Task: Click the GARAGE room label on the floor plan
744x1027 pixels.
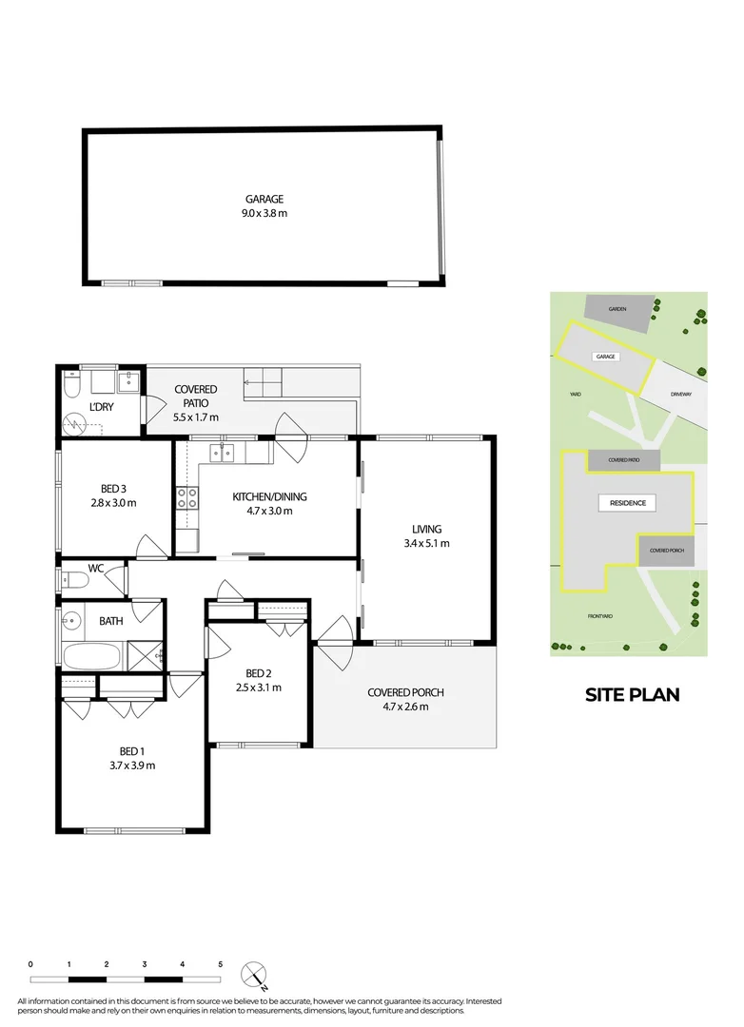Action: pos(264,200)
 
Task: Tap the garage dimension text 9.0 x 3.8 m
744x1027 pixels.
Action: pos(264,213)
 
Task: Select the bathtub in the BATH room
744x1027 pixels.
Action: pos(91,656)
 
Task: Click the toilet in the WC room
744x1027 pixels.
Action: pos(73,579)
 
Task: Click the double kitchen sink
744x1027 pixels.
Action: pos(224,452)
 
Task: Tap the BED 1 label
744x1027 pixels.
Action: pos(131,750)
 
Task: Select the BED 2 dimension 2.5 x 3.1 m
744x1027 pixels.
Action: pos(259,688)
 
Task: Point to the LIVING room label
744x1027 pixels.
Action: pos(426,530)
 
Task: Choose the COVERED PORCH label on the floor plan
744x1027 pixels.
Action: pos(405,692)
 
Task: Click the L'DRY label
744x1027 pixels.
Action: pos(101,408)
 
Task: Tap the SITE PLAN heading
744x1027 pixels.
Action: pos(632,694)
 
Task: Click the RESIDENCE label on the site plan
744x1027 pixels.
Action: pos(628,503)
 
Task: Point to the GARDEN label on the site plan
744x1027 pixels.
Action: pos(618,309)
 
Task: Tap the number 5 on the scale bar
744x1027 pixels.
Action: pos(220,963)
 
